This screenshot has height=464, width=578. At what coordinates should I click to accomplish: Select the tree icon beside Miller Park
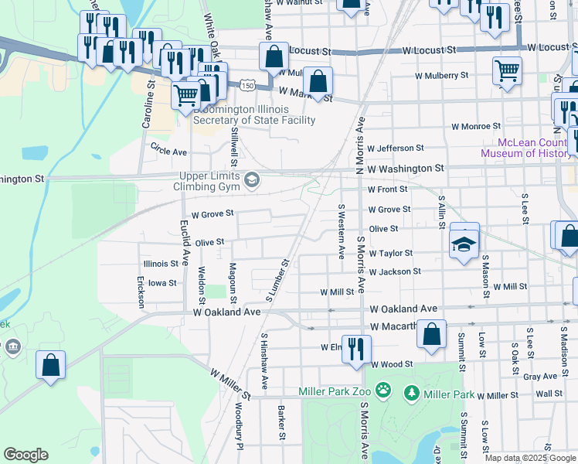[x=412, y=394]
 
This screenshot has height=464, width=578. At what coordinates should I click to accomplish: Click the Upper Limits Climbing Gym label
[x=211, y=181]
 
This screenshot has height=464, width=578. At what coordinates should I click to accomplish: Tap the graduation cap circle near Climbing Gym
[x=251, y=181]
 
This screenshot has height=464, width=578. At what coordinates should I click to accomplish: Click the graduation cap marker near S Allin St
[x=464, y=244]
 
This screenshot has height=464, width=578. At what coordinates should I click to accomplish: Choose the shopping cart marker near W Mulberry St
[x=507, y=70]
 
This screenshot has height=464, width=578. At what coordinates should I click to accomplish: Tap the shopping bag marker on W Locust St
[x=274, y=56]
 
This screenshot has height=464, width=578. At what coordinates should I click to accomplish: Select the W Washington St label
[x=406, y=168]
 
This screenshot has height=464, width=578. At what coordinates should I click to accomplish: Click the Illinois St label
[x=161, y=263]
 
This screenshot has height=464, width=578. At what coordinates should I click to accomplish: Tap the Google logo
[x=25, y=455]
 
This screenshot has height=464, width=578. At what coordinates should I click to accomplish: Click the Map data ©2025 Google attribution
[x=530, y=458]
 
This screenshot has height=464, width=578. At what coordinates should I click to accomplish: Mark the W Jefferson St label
[x=396, y=148]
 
